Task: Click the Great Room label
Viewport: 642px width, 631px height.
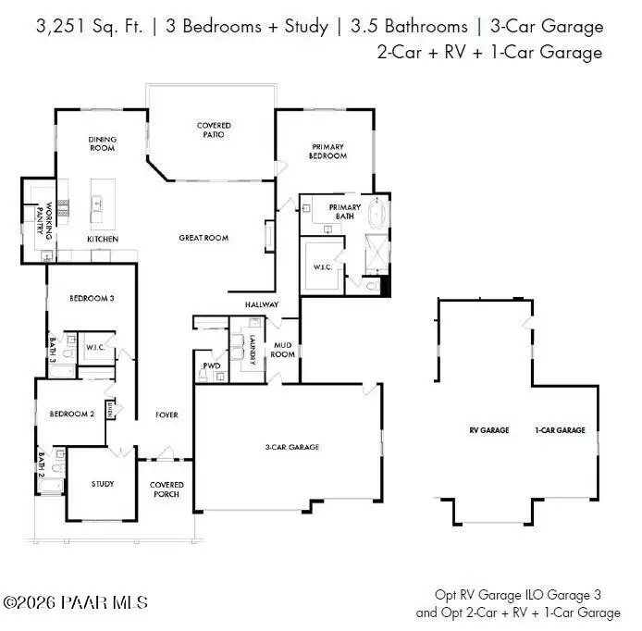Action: (x=204, y=238)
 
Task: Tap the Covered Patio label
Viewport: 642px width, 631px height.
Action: (x=214, y=130)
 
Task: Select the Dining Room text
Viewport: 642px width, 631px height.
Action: (x=103, y=143)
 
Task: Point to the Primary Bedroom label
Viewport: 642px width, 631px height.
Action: (x=327, y=151)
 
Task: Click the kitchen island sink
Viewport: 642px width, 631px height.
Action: (x=96, y=204)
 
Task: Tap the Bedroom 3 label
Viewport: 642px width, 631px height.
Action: (x=92, y=298)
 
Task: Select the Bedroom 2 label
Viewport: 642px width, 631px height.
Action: (x=72, y=414)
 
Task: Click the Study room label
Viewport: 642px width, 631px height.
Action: (x=103, y=484)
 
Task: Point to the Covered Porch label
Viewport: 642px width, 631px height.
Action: (x=167, y=489)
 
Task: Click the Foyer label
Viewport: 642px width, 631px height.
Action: (x=167, y=414)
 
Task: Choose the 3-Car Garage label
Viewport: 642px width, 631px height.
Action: (x=292, y=447)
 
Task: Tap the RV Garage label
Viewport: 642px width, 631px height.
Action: (x=489, y=430)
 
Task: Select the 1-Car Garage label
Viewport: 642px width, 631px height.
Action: (x=560, y=430)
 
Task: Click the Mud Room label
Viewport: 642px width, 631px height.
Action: (x=282, y=350)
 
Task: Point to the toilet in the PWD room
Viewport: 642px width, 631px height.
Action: (x=203, y=375)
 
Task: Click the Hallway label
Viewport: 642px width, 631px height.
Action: (x=262, y=304)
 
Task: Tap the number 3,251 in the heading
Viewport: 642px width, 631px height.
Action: (x=60, y=27)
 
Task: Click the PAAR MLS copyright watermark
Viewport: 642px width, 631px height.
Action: (x=75, y=602)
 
